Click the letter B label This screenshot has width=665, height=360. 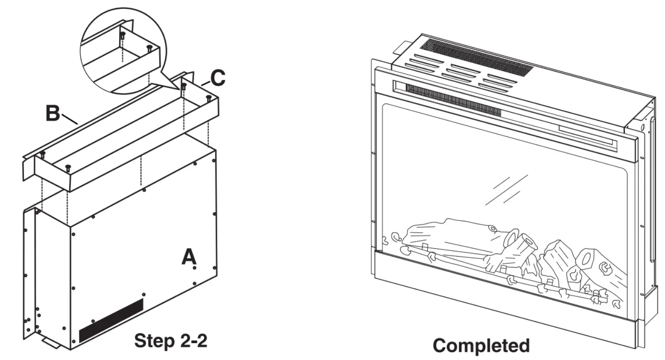tap(53, 113)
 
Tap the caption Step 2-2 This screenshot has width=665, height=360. tap(170, 341)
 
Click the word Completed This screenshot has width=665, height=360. tap(481, 345)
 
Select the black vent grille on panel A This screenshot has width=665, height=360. tap(111, 320)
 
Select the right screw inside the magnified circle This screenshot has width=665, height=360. tap(150, 47)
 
